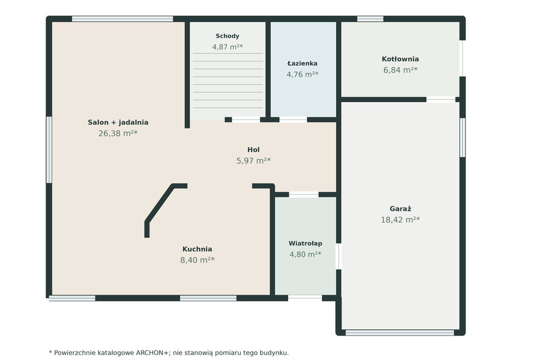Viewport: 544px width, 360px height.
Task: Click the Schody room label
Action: (227, 36)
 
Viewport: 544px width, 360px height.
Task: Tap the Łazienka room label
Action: (302, 64)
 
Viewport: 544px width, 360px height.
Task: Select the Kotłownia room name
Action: (400, 59)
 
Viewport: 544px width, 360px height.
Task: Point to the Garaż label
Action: (400, 209)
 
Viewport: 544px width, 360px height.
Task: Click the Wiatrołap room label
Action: (305, 244)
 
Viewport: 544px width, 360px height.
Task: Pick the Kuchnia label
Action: (197, 249)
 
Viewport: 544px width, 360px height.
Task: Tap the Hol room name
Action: (253, 150)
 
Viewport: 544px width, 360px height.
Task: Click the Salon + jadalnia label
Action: (118, 122)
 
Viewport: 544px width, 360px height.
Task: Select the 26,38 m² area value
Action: (118, 134)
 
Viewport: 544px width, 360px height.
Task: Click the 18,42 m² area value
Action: (400, 220)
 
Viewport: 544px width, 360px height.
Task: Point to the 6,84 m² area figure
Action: (400, 70)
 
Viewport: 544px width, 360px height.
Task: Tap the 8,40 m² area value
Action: (197, 260)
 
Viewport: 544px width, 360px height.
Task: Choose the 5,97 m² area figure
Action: (253, 161)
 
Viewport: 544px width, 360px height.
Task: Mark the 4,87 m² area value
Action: (227, 47)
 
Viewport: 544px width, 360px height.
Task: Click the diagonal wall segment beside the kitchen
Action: (160, 203)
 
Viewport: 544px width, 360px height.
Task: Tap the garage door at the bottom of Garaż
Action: (400, 333)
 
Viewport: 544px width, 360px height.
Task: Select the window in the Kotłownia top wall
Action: (370, 19)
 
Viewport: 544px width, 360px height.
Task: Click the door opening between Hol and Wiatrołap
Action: (304, 194)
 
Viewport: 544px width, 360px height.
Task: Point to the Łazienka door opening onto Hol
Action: (293, 119)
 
